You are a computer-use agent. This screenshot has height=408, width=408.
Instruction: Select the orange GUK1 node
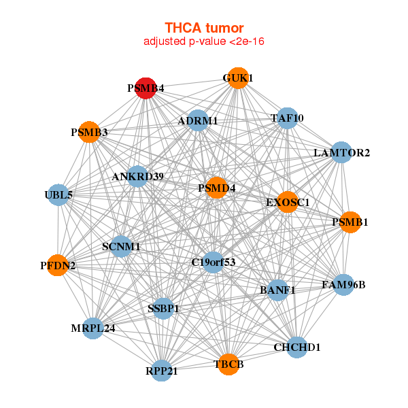click(237, 78)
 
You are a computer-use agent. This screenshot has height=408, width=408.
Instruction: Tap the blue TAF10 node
click(287, 118)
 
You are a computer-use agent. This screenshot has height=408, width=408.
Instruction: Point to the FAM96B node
click(343, 284)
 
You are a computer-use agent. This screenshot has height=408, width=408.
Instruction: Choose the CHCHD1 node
click(296, 347)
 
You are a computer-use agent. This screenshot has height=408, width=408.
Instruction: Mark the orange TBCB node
click(229, 364)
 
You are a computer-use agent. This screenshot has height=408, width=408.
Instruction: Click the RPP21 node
click(161, 371)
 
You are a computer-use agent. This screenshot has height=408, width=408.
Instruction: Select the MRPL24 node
click(93, 328)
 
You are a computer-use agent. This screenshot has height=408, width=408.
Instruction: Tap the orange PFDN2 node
click(58, 265)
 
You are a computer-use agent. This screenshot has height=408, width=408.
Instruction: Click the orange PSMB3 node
click(89, 132)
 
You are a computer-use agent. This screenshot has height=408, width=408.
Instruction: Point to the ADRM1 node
click(197, 121)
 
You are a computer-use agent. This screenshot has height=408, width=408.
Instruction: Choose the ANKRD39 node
click(138, 177)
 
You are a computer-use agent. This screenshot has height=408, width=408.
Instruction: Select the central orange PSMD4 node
click(216, 188)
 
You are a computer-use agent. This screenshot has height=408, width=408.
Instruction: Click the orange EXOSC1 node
click(288, 202)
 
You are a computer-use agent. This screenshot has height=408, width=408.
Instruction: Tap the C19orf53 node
click(213, 262)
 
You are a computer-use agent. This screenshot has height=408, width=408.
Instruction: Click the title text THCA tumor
click(204, 28)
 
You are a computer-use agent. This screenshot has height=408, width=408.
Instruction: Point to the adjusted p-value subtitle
click(204, 41)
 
